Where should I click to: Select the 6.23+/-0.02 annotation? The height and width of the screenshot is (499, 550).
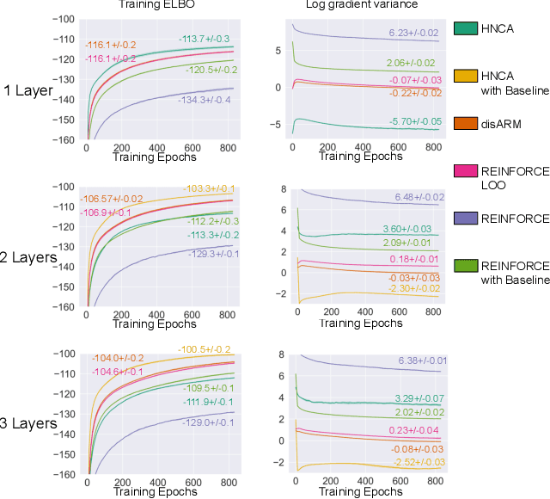pyautogui.click(x=414, y=33)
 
